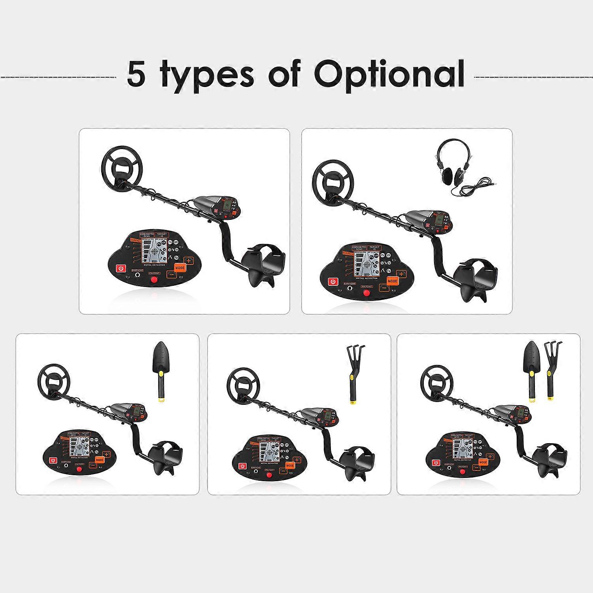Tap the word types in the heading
point(208,75)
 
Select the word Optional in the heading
point(389,74)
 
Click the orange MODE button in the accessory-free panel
point(180,268)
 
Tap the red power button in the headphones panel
point(333,282)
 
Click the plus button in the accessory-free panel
point(189,261)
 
